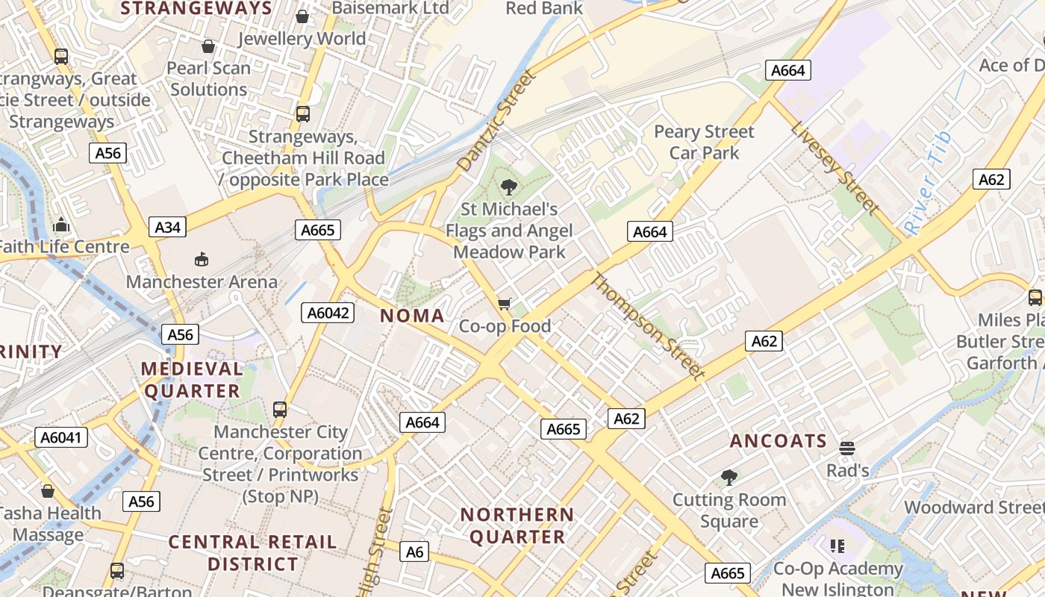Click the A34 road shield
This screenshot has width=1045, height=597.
167,227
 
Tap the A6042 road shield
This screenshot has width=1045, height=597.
328,313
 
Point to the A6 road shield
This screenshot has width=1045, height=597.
414,551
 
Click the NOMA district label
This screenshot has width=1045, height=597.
412,316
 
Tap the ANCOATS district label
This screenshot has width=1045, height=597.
779,441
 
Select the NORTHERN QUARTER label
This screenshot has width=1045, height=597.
517,525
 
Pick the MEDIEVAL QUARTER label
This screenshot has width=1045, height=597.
192,380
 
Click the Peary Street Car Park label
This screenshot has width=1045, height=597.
704,143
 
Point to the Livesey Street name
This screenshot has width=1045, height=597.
836,169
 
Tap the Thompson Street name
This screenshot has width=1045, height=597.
648,326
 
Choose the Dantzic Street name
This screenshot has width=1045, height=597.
497,121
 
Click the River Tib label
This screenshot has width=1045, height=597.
927,184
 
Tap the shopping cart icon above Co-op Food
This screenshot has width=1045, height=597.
505,304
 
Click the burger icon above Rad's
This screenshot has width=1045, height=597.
846,448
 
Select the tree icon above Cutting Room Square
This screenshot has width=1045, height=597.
729,477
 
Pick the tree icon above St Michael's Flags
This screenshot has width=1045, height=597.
509,187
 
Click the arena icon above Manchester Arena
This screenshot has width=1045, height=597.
202,259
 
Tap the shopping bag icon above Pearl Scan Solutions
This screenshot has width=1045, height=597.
208,46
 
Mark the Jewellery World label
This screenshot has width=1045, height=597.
302,39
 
